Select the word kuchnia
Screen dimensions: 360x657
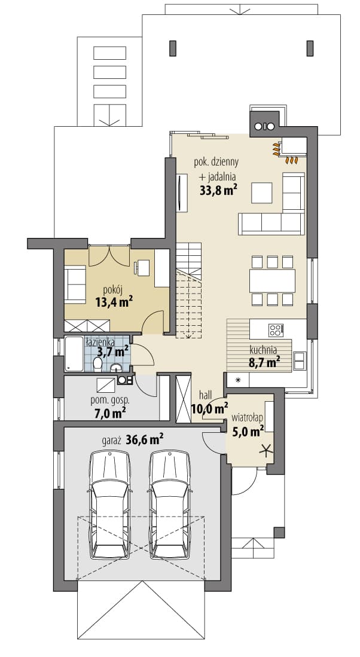(263, 350)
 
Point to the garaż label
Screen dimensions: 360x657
(111, 441)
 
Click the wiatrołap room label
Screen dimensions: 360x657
(247, 417)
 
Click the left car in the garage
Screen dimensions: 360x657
(110, 504)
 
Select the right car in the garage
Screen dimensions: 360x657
(170, 504)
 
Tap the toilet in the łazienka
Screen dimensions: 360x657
(97, 363)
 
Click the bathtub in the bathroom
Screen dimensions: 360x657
(75, 354)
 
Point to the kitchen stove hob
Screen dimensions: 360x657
(276, 330)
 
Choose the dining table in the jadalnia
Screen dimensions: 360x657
(273, 281)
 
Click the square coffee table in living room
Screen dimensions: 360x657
(262, 192)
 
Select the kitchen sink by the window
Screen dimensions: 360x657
(299, 360)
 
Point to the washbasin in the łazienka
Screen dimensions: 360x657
(116, 368)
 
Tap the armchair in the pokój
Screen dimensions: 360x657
(75, 284)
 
